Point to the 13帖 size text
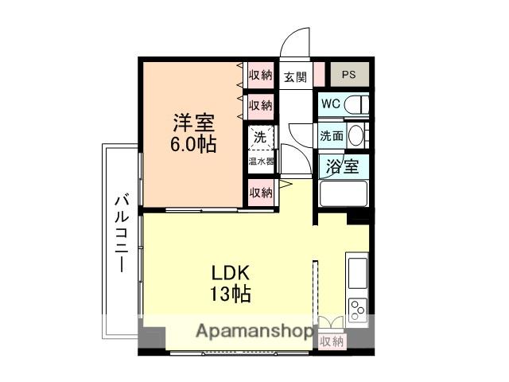(x=230, y=294)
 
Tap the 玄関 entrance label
(x=295, y=77)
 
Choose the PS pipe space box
(x=349, y=76)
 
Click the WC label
(x=332, y=103)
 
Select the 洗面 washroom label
(x=332, y=135)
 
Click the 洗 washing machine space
(x=260, y=136)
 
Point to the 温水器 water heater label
(x=260, y=160)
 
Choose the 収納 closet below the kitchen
(x=332, y=341)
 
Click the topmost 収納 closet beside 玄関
(x=260, y=76)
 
